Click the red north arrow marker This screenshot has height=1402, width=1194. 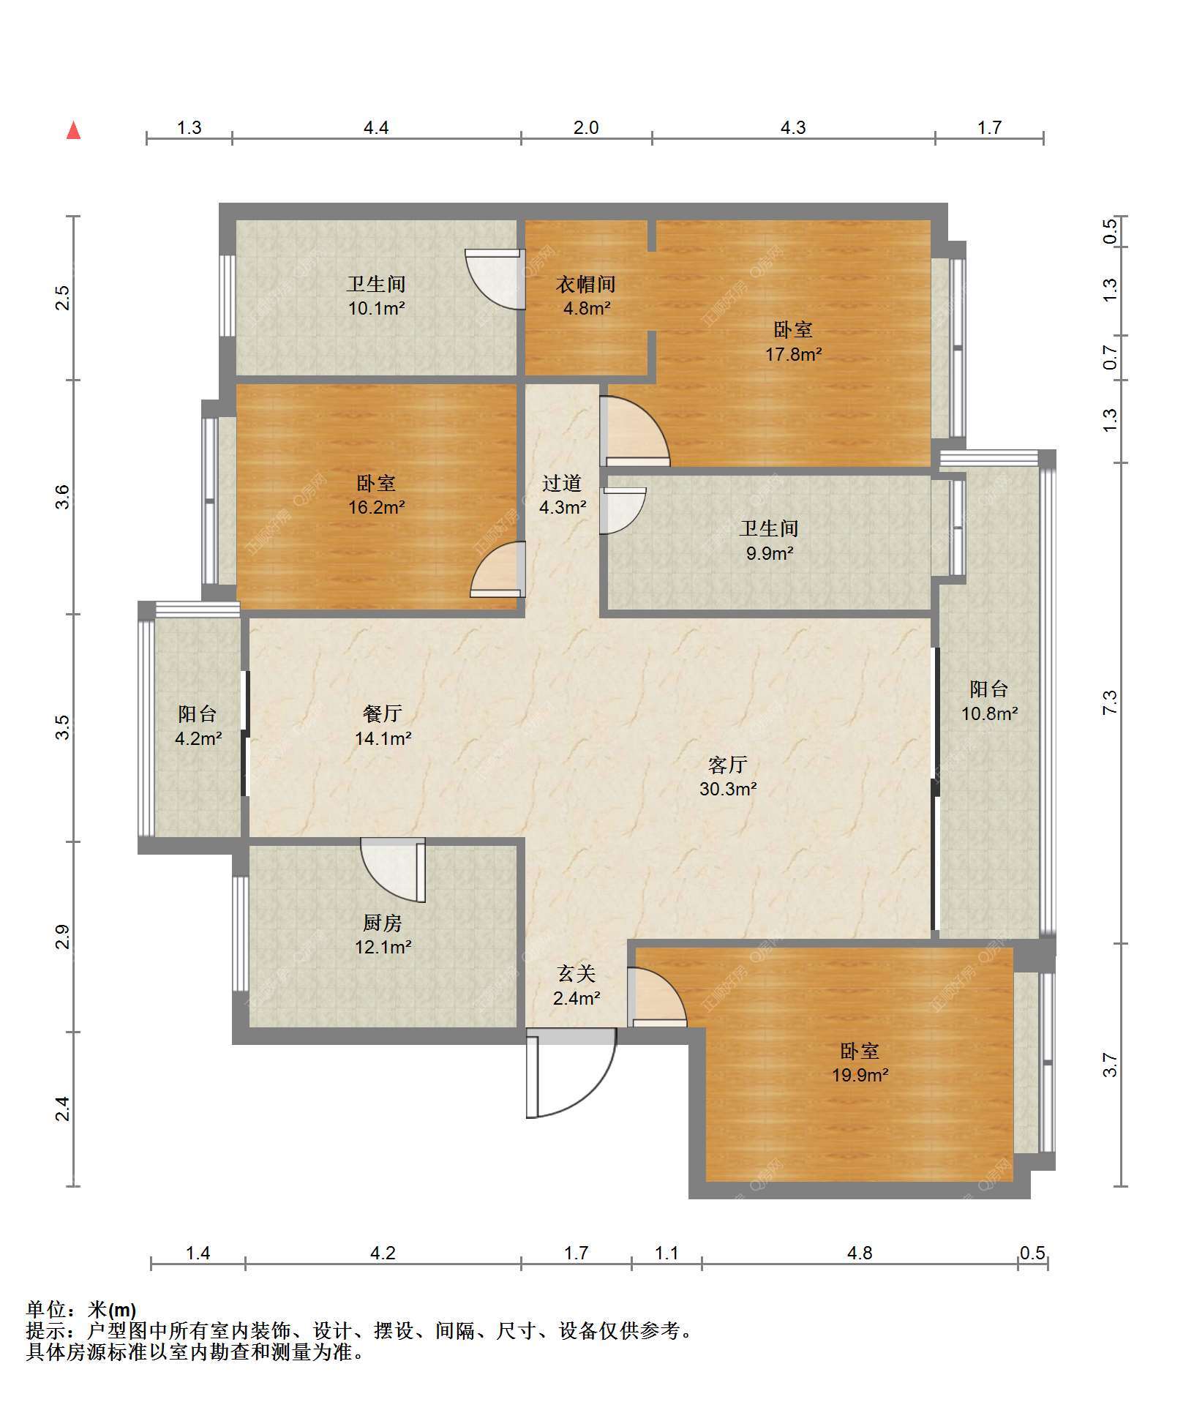click(x=73, y=130)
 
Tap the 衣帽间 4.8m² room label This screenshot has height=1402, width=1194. click(x=585, y=296)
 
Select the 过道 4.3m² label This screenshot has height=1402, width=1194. click(x=562, y=495)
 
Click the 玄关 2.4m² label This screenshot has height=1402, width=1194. click(x=577, y=985)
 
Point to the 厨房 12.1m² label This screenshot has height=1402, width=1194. click(x=383, y=934)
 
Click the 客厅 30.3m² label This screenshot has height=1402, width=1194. click(x=727, y=776)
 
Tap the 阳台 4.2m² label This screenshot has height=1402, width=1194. click(x=198, y=726)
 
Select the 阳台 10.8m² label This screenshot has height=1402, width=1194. click(x=989, y=700)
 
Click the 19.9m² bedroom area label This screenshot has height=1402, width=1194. click(x=860, y=1062)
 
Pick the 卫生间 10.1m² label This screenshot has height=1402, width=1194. click(x=376, y=296)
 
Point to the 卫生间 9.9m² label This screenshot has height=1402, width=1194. click(x=769, y=540)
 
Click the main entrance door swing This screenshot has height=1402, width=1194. click(x=571, y=1073)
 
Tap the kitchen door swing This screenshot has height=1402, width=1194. click(x=393, y=871)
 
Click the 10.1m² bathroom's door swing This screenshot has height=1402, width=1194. click(x=495, y=279)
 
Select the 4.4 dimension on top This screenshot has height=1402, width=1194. click(x=376, y=127)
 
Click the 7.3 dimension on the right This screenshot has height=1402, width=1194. click(x=1110, y=703)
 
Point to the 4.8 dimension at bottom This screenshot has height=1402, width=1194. click(x=860, y=1253)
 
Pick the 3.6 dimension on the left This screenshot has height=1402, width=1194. click(x=64, y=497)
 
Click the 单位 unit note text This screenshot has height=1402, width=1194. click(x=81, y=1309)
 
